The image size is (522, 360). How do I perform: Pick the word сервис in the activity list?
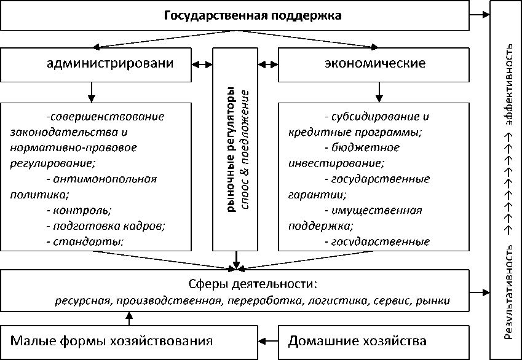pyautogui.click(x=393, y=301)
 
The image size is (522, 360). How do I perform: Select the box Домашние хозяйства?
pyautogui.click(x=357, y=340)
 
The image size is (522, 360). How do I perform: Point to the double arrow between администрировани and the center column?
pyautogui.click(x=202, y=64)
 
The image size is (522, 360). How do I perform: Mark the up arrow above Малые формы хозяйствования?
pyautogui.click(x=129, y=318)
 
